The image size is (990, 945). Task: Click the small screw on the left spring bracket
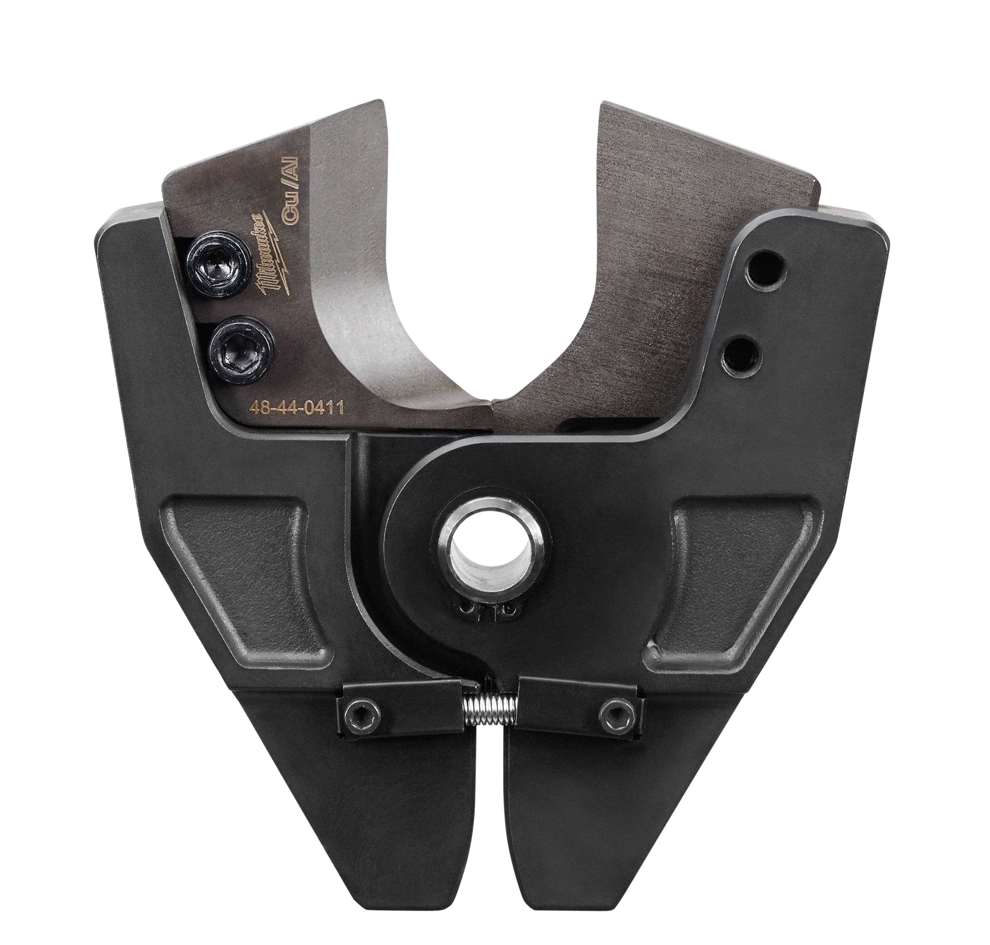[368, 712]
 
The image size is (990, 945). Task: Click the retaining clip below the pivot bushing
[487, 610]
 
